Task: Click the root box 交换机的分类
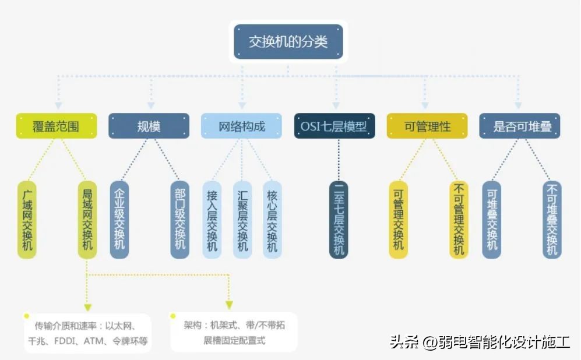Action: click(288, 42)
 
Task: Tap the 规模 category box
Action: click(149, 126)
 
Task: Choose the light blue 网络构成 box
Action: click(241, 126)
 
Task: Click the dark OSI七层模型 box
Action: click(334, 126)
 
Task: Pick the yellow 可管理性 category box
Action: click(427, 126)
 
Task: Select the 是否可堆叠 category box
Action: click(520, 126)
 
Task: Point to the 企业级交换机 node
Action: click(119, 220)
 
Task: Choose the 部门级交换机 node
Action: click(180, 220)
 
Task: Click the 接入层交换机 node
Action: click(212, 220)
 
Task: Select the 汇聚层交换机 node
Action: click(242, 220)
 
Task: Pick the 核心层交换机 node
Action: click(272, 220)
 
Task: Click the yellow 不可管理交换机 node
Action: click(459, 220)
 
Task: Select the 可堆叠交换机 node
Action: click(492, 220)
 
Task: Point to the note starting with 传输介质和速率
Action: click(87, 333)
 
